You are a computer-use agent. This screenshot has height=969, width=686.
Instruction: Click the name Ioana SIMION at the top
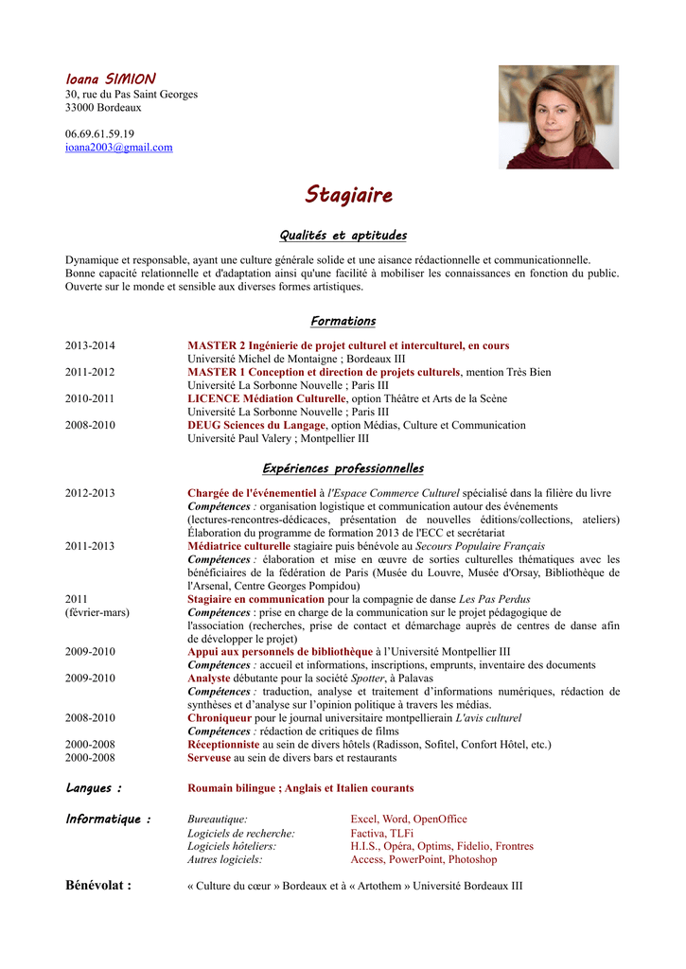tap(111, 79)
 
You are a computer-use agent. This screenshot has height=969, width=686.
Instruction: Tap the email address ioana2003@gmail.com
tap(119, 148)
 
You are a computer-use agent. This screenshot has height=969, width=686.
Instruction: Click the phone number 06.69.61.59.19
tap(99, 134)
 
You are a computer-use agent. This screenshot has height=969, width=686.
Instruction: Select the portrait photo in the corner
tap(558, 117)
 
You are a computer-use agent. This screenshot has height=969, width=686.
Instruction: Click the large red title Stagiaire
tap(348, 195)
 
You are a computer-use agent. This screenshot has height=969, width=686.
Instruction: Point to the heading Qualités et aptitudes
tap(343, 236)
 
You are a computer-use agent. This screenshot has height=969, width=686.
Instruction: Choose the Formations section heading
tap(343, 321)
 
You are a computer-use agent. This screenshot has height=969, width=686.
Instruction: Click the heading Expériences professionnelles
tap(343, 468)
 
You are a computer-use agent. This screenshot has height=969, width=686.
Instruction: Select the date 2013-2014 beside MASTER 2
tap(90, 346)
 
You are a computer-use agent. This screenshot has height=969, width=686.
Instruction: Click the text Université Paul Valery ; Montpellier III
tap(278, 439)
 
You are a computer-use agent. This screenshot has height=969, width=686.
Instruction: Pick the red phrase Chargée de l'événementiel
tap(252, 493)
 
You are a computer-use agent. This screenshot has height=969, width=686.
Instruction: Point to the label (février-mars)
tap(97, 612)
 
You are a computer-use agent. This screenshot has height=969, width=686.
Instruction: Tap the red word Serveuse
tap(209, 758)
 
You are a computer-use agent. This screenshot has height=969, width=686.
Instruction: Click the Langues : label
tap(94, 788)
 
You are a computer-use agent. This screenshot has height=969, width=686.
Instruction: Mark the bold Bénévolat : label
tap(98, 886)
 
